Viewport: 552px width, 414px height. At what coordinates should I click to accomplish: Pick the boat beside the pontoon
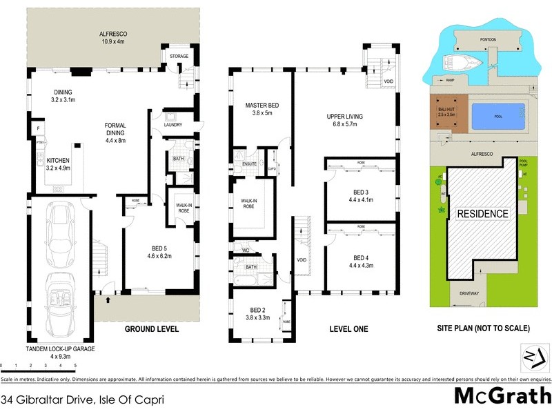coord(458,61)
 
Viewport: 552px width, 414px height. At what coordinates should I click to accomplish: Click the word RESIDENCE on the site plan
coord(483,214)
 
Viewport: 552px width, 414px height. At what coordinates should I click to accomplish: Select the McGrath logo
coord(502,396)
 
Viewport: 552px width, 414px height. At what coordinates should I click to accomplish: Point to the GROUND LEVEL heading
coord(152,329)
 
